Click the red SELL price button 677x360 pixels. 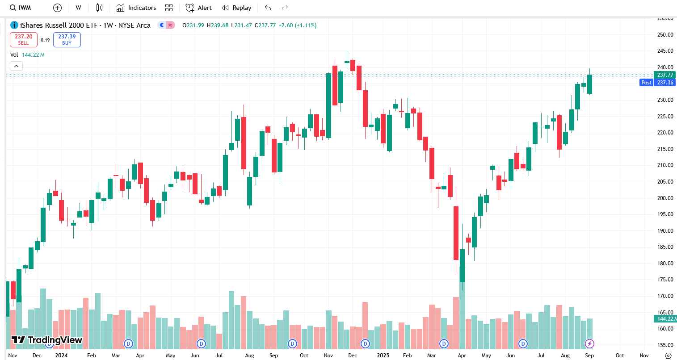(x=23, y=40)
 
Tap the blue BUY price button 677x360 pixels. (x=67, y=40)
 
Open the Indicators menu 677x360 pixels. (x=136, y=8)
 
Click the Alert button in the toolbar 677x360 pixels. (x=199, y=8)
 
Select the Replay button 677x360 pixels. (x=237, y=8)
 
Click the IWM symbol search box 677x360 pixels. (x=21, y=8)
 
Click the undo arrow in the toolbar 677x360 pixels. (x=268, y=8)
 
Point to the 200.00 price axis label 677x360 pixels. (x=665, y=198)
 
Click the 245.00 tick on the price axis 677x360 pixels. (x=665, y=51)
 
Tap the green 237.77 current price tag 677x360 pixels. (x=664, y=75)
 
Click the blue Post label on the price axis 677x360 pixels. (x=646, y=83)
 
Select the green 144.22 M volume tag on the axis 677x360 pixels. (x=664, y=319)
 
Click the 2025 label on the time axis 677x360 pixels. (x=383, y=356)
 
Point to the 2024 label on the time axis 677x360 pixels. (x=61, y=356)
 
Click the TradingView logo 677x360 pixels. (x=47, y=340)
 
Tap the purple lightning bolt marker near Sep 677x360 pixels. (x=589, y=343)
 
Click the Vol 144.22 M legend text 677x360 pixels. (x=27, y=55)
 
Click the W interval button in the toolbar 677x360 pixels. (x=79, y=8)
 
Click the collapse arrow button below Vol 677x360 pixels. (x=16, y=66)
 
